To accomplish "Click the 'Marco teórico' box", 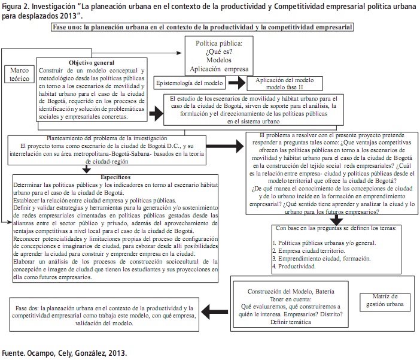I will tap(20, 75).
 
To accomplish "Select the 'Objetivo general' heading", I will tap(92, 62).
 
